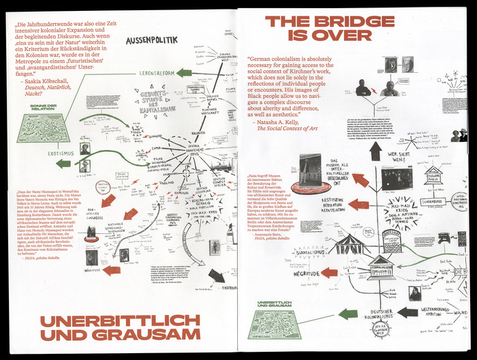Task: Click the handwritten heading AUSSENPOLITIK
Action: tap(156, 41)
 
